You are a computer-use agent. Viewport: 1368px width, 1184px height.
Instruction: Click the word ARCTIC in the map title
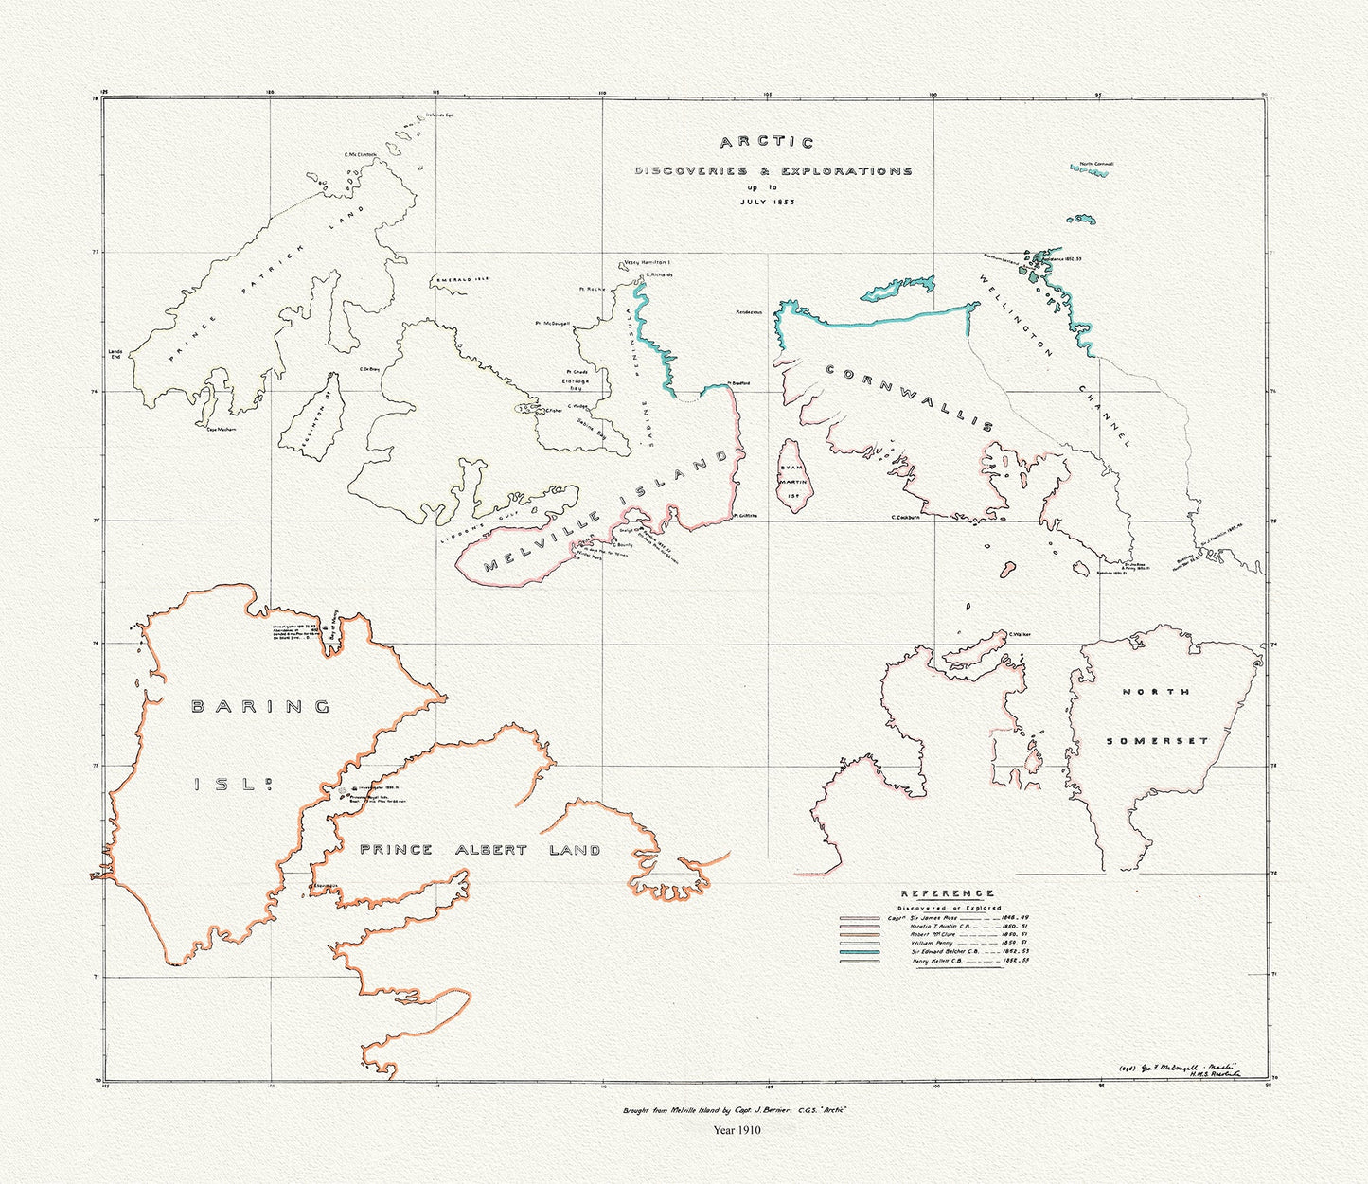tap(766, 144)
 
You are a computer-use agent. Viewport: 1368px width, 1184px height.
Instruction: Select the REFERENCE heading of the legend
tap(947, 893)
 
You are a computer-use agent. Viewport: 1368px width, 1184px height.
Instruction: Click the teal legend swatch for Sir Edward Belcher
tap(858, 953)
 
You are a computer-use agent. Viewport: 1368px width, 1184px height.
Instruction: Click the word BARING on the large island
tap(260, 706)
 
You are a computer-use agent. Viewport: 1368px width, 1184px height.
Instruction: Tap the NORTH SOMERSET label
tap(1156, 716)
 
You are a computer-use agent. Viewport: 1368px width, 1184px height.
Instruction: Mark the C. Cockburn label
tap(907, 517)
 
